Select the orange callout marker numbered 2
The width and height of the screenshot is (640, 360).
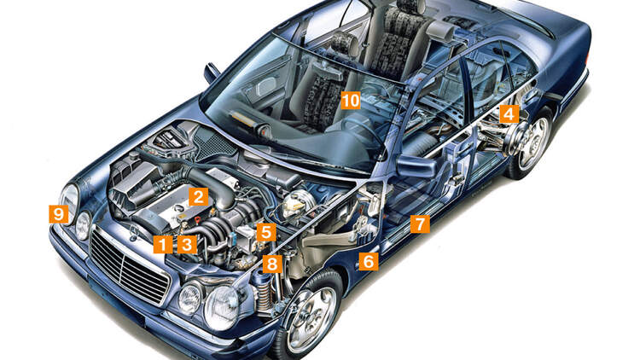coord(198,197)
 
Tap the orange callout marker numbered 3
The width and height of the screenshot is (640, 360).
coord(187,245)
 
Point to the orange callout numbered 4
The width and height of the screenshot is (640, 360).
coord(509,113)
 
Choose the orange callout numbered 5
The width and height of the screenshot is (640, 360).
coord(266,232)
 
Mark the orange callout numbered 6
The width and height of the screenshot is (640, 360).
coord(368,261)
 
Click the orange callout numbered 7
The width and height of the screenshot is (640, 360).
coord(418,224)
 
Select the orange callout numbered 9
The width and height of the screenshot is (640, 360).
coord(58,214)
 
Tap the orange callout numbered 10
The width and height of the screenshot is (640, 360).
coord(350,101)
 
